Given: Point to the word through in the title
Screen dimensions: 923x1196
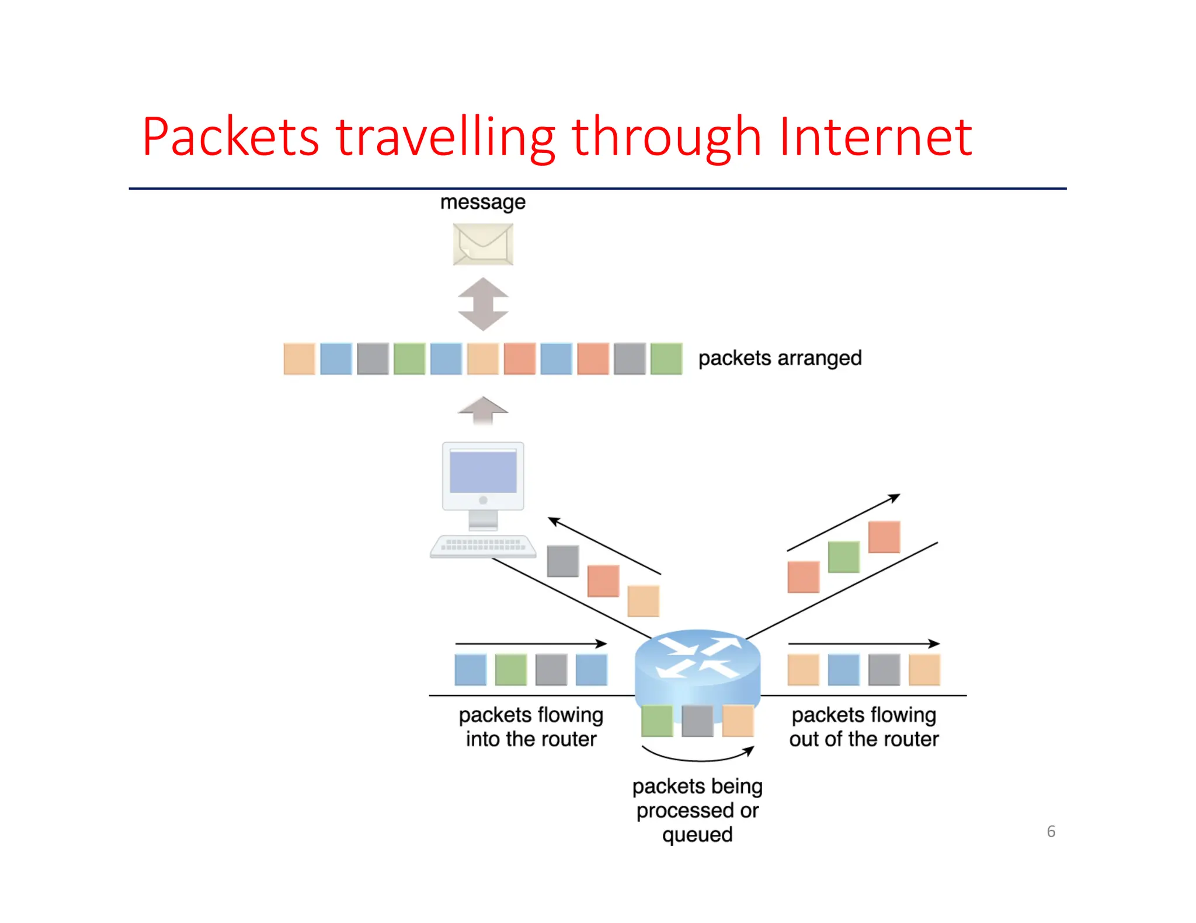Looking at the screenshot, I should [x=666, y=138].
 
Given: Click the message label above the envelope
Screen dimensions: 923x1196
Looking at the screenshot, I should [x=482, y=202].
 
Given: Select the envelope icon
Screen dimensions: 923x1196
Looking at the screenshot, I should [x=483, y=244].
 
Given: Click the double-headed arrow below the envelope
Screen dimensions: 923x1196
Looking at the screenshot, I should [x=483, y=304].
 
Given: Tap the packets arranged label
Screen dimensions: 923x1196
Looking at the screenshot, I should [x=780, y=358].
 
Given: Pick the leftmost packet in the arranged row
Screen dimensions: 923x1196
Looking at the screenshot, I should [x=299, y=358].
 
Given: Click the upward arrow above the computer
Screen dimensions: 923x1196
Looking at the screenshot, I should [x=483, y=410].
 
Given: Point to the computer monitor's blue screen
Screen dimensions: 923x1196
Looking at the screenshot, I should [x=483, y=472].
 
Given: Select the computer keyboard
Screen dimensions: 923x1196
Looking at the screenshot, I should [x=483, y=546].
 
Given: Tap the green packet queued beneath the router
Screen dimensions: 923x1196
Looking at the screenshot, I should [x=657, y=721].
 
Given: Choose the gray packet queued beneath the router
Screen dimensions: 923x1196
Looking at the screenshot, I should [x=697, y=721].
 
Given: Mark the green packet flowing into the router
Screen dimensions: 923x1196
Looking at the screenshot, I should [x=510, y=670].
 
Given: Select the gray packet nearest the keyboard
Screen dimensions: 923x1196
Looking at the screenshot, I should [x=563, y=561].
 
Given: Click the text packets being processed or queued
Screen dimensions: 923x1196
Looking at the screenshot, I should [x=697, y=810].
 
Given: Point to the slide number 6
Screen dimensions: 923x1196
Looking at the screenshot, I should [x=1051, y=831].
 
